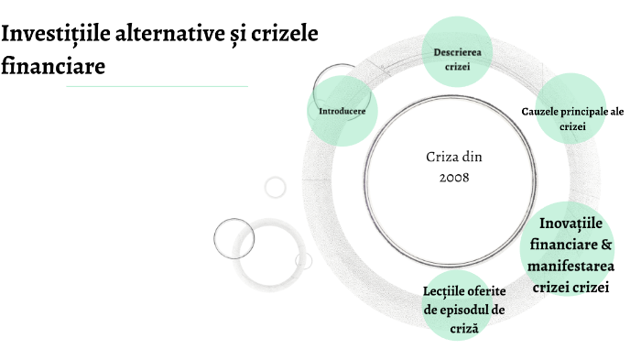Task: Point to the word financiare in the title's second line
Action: (x=53, y=66)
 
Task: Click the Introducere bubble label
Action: (x=342, y=111)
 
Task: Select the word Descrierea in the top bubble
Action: (x=457, y=51)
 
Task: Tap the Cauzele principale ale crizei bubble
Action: (x=572, y=118)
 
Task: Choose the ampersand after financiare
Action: (x=605, y=245)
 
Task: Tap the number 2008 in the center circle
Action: (x=454, y=177)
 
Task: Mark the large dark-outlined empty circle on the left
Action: (x=234, y=238)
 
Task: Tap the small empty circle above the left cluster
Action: (x=275, y=188)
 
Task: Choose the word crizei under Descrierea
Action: (x=457, y=67)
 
